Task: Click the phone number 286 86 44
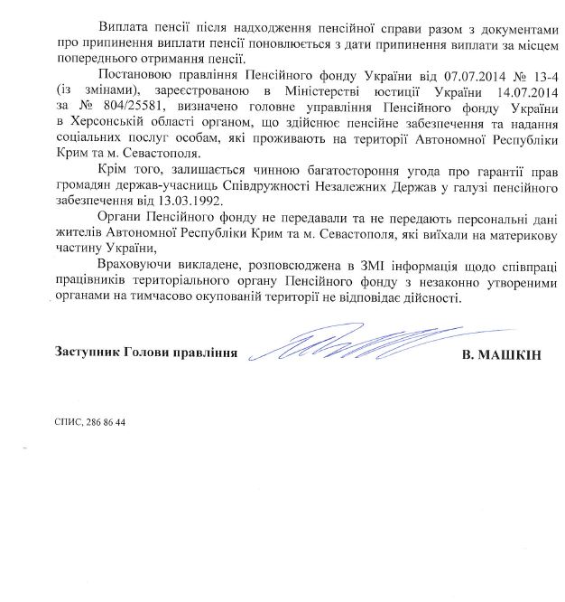[x=105, y=423]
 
